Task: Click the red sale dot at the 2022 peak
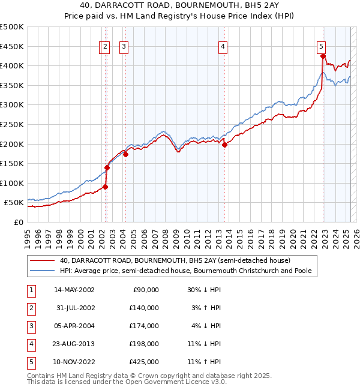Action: click(x=323, y=56)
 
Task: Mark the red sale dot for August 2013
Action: click(x=224, y=145)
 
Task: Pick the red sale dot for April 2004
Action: click(x=126, y=154)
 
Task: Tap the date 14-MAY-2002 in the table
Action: click(x=74, y=290)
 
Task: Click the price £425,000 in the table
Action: click(x=145, y=362)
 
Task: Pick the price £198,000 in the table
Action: click(x=145, y=344)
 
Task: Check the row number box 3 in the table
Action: click(x=30, y=326)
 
